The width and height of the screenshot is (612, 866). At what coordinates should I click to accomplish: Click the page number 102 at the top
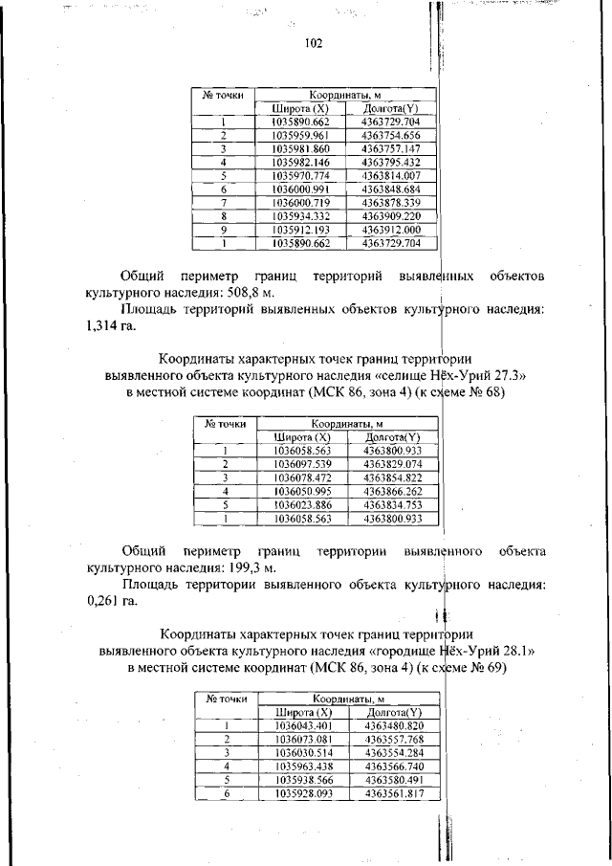[x=314, y=44]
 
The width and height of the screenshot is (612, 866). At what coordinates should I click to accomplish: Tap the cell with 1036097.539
[x=302, y=464]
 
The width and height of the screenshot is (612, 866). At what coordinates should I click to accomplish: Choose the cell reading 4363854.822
[x=393, y=477]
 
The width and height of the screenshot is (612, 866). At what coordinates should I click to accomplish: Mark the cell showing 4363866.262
[x=393, y=491]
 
